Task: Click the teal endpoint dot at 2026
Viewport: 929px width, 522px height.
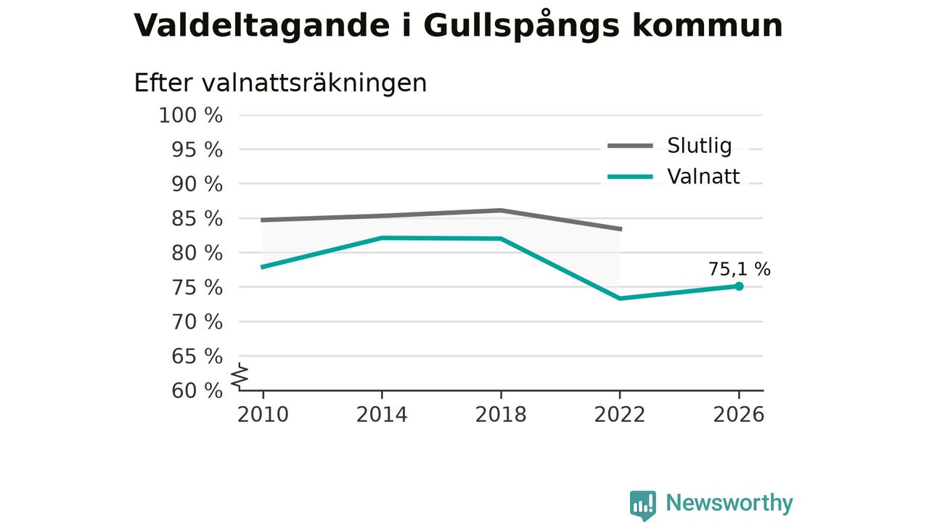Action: pyautogui.click(x=739, y=286)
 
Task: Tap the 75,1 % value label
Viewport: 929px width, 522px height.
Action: pyautogui.click(x=739, y=269)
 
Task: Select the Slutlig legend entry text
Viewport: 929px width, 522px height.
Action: pyautogui.click(x=699, y=146)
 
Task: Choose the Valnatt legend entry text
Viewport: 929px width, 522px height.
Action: pyautogui.click(x=703, y=177)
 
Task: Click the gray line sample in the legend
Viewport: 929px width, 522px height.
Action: pyautogui.click(x=631, y=146)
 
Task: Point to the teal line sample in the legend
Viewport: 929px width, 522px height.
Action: pyautogui.click(x=631, y=177)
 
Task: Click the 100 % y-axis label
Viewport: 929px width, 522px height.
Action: pyautogui.click(x=191, y=115)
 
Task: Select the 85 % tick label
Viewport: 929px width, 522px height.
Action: pyautogui.click(x=197, y=219)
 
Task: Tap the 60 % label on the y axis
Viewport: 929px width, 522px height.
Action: pyautogui.click(x=197, y=391)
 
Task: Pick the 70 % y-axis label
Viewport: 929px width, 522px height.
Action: pyautogui.click(x=197, y=322)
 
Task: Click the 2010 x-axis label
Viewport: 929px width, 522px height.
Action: pyautogui.click(x=263, y=415)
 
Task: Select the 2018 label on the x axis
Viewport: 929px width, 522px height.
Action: pyautogui.click(x=501, y=415)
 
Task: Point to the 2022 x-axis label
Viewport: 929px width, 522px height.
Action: pyautogui.click(x=620, y=415)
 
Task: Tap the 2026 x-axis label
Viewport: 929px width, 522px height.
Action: pyautogui.click(x=739, y=415)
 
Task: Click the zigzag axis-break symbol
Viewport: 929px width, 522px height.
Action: pyautogui.click(x=240, y=376)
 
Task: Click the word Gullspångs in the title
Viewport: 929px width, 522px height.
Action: pyautogui.click(x=521, y=26)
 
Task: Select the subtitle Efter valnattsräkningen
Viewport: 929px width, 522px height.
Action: pyautogui.click(x=280, y=83)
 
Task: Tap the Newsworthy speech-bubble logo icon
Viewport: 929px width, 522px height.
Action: pyautogui.click(x=643, y=505)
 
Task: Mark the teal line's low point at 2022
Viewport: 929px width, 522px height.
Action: pyautogui.click(x=620, y=298)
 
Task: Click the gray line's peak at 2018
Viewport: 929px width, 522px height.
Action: pyautogui.click(x=501, y=210)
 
